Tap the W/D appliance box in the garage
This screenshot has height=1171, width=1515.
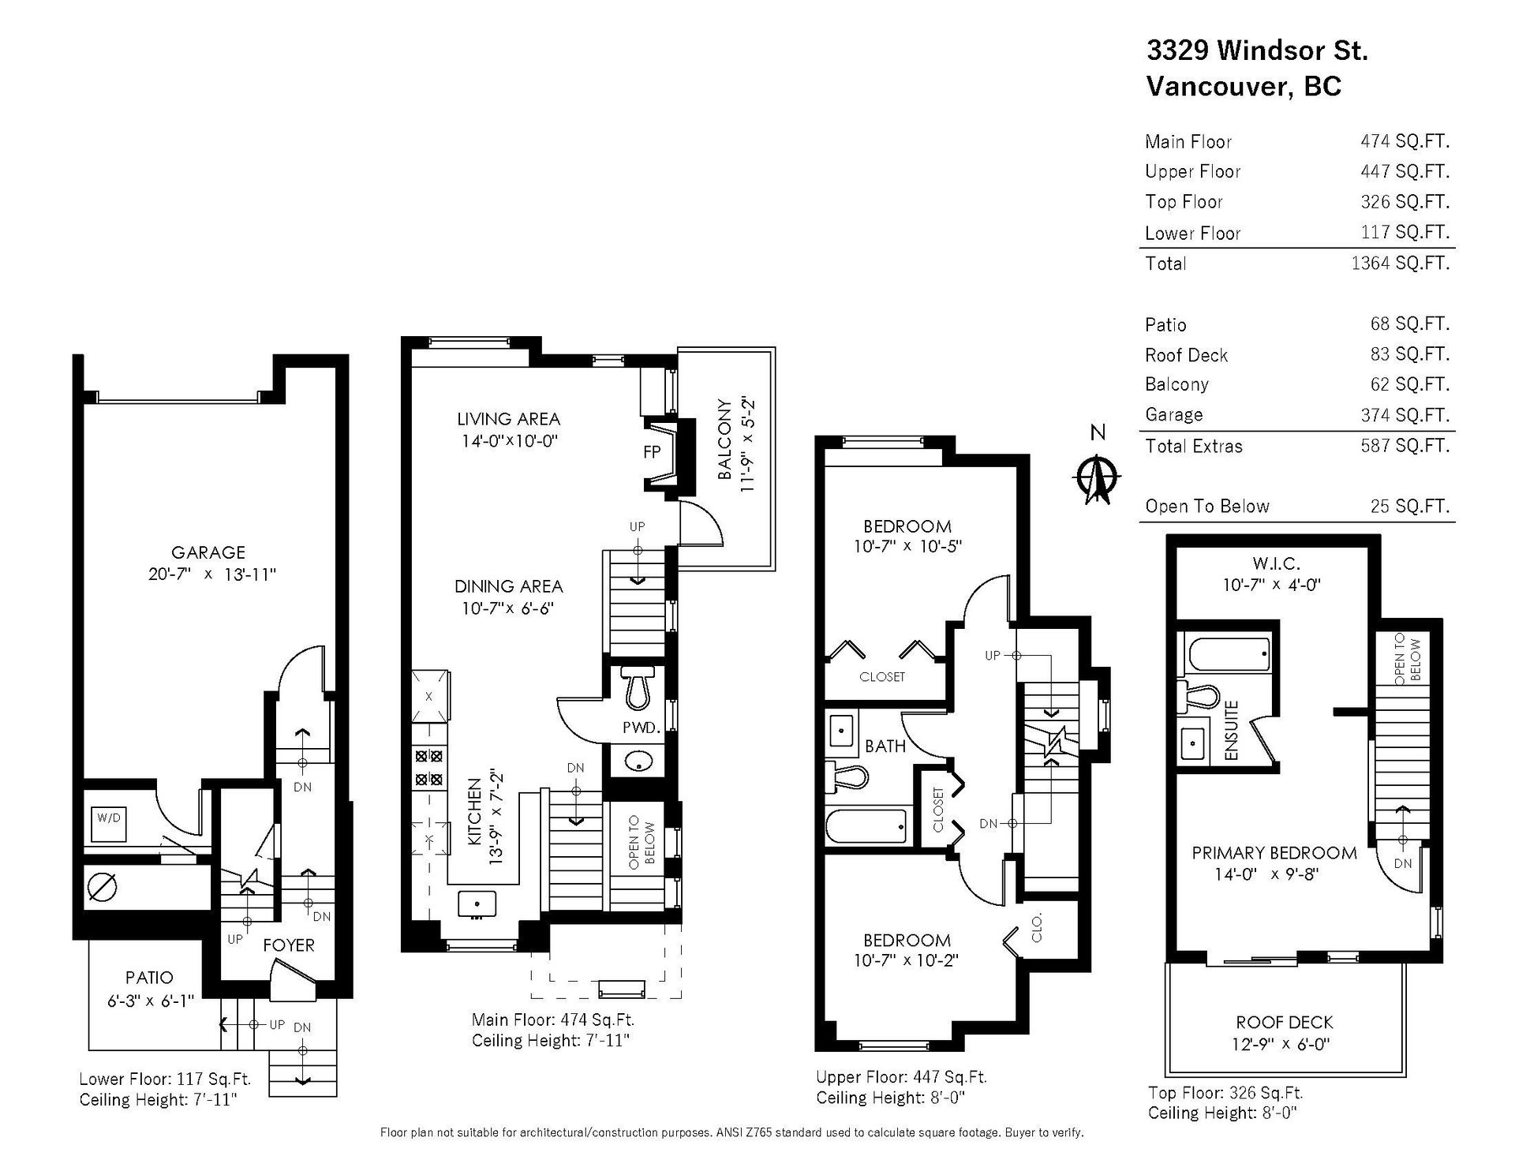[x=109, y=824]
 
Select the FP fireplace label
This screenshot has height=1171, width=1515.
[x=653, y=453]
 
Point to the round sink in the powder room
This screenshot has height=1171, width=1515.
[x=637, y=762]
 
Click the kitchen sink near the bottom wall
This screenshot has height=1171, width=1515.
[x=477, y=904]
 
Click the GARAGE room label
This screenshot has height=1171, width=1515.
[x=208, y=552]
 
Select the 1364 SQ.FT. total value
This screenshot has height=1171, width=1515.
[x=1401, y=264]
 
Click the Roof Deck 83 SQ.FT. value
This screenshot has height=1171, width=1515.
[x=1410, y=354]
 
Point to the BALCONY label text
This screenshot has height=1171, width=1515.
[x=724, y=440]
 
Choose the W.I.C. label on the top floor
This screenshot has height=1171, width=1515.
[x=1276, y=563]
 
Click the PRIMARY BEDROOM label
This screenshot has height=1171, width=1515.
[x=1274, y=853]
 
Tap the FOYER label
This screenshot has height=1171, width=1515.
[x=289, y=945]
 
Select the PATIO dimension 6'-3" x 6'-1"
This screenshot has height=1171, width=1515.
[x=151, y=1001]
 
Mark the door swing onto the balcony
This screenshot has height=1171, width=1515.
[x=701, y=522]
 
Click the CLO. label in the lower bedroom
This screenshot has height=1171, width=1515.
[x=1037, y=928]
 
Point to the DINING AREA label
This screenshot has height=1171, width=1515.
[x=509, y=586]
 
